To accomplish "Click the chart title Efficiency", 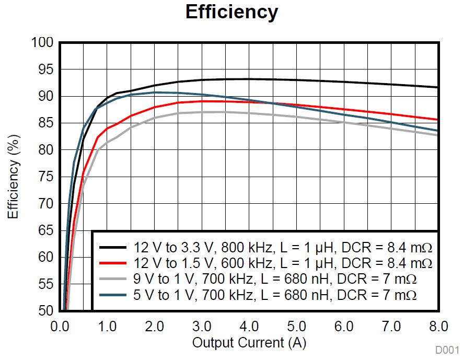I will pos(231,12).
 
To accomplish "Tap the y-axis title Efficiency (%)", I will pos(14,177).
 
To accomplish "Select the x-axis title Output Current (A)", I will pos(249,343).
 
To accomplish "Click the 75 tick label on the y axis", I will pos(47,177).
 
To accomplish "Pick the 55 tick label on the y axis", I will pos(47,284).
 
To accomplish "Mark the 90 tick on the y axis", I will pos(47,96).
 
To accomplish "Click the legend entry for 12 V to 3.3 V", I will pos(283,246).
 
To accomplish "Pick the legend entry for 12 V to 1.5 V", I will pos(283,262).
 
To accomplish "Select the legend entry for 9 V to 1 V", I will pos(275,278).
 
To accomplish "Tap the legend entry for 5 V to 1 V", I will pos(275,295).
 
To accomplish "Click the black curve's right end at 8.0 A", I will pos(437,87).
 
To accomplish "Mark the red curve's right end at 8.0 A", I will pos(437,120).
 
